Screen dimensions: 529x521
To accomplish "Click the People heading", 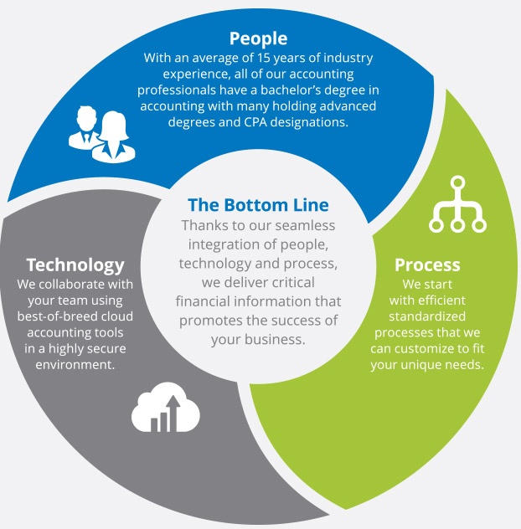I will tap(258, 39).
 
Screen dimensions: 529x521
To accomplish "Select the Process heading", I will tap(427, 264).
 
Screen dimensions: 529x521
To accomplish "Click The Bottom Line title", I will tap(258, 204).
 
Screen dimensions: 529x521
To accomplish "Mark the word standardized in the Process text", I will tap(427, 316).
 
